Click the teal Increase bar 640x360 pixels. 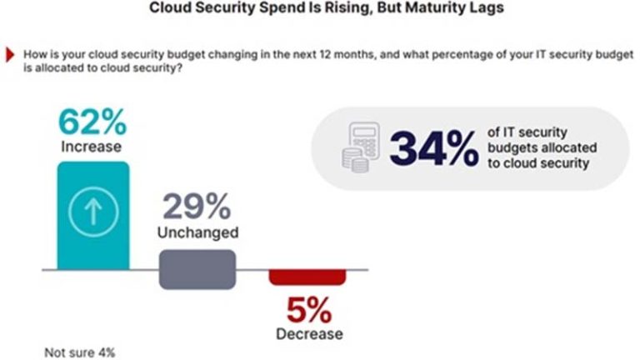click(93, 216)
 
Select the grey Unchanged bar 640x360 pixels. click(197, 269)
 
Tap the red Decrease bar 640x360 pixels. click(306, 277)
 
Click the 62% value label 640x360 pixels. click(92, 122)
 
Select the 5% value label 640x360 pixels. click(309, 312)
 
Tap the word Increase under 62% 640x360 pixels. click(92, 147)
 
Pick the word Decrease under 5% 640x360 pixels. click(309, 334)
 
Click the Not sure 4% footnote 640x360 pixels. click(80, 352)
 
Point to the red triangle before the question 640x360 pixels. click(11, 55)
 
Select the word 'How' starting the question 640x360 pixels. click(36, 55)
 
